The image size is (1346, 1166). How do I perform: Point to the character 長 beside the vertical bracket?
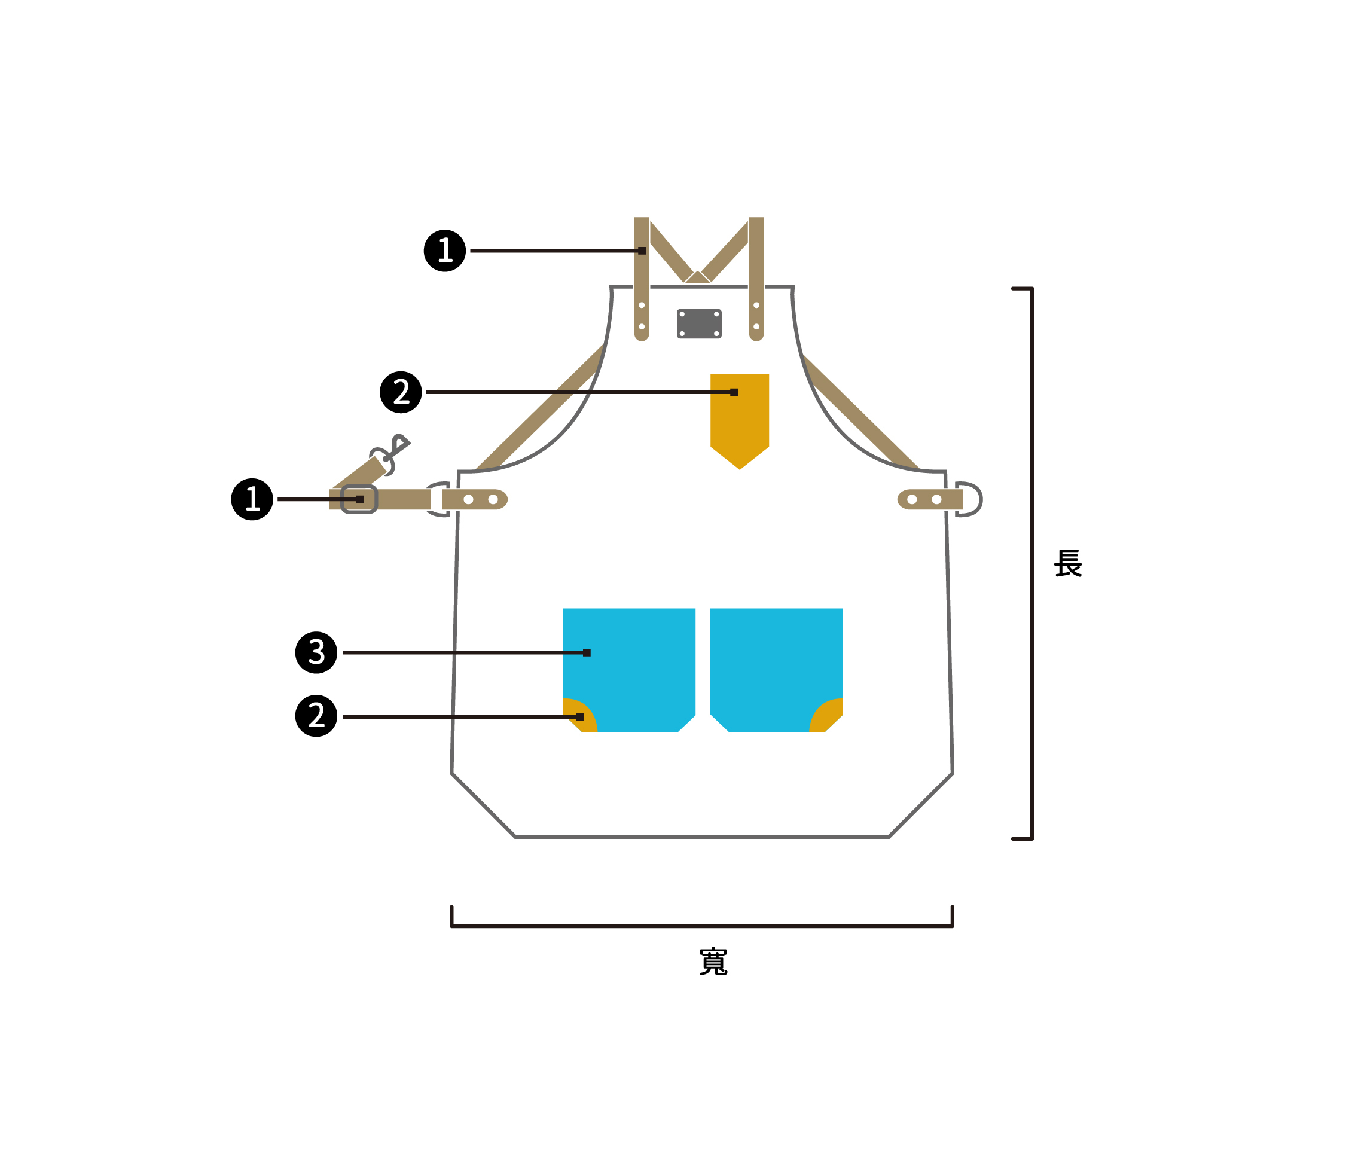pyautogui.click(x=1067, y=563)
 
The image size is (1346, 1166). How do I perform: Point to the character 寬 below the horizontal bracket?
pyautogui.click(x=713, y=962)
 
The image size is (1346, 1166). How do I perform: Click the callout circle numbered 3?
pyautogui.click(x=316, y=652)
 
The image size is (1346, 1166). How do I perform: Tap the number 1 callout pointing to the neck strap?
pyautogui.click(x=444, y=251)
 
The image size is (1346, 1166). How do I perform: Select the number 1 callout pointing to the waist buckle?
pyautogui.click(x=252, y=499)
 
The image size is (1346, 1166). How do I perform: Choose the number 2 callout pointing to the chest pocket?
pyautogui.click(x=401, y=392)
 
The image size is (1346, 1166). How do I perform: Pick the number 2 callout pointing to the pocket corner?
pyautogui.click(x=316, y=716)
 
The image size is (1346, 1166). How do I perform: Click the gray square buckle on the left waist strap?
pyautogui.click(x=360, y=499)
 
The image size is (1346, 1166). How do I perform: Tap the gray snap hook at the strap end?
pyautogui.click(x=392, y=452)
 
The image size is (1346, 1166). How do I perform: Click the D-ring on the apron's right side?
pyautogui.click(x=970, y=499)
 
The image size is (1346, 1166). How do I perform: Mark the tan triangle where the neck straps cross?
pyautogui.click(x=697, y=278)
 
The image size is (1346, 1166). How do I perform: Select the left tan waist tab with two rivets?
pyautogui.click(x=474, y=499)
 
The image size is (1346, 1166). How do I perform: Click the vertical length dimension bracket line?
pyautogui.click(x=1032, y=563)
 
